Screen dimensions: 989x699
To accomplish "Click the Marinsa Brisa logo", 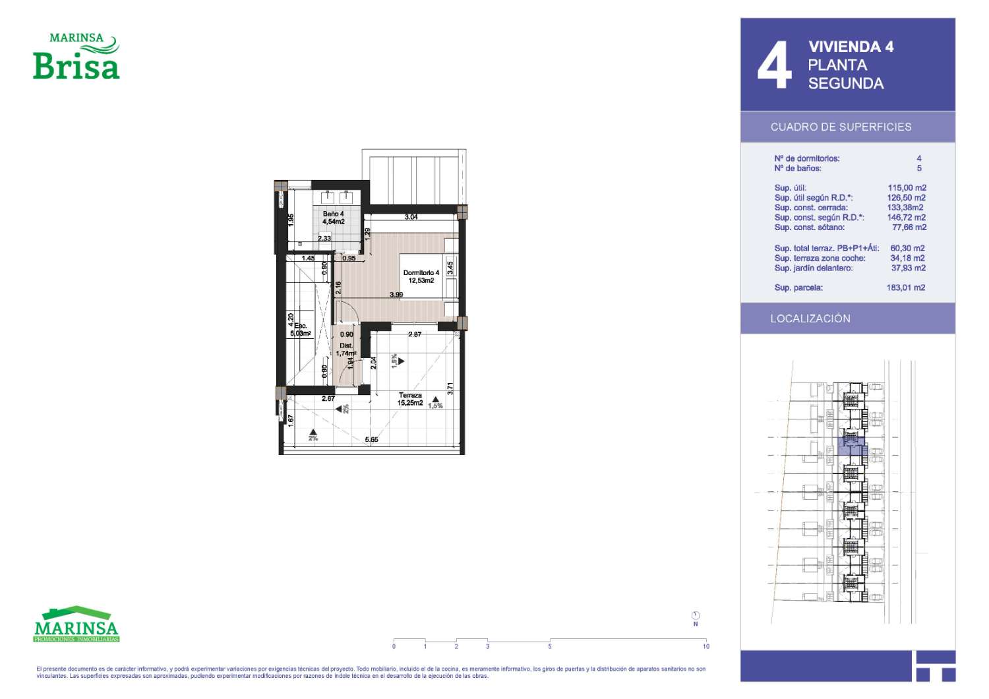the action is pos(76,57).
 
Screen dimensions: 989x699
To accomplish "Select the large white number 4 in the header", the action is pos(775,65).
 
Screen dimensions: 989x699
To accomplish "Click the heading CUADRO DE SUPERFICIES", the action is pos(841,127).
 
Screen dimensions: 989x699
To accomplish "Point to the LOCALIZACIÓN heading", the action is pos(810,319).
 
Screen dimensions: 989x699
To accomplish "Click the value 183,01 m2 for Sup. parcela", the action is pos(905,288).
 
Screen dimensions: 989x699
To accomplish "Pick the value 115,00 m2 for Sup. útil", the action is pos(907,188).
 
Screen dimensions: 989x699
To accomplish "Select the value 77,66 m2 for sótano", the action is pos(909,228).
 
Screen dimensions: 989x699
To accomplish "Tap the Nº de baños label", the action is pos(797,168).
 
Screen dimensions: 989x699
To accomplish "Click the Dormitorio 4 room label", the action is pos(421,277).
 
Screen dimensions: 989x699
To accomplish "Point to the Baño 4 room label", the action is pos(334,218).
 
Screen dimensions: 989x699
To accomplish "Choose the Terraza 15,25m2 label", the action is pos(410,399).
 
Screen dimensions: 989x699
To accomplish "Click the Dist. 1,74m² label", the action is pos(345,349).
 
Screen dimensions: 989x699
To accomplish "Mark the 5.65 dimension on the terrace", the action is pos(371,439).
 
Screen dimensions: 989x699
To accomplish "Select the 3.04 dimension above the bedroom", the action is pos(411,217).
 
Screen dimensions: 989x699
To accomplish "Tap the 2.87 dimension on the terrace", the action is pos(415,334).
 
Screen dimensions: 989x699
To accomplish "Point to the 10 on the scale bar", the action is pos(706,646).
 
